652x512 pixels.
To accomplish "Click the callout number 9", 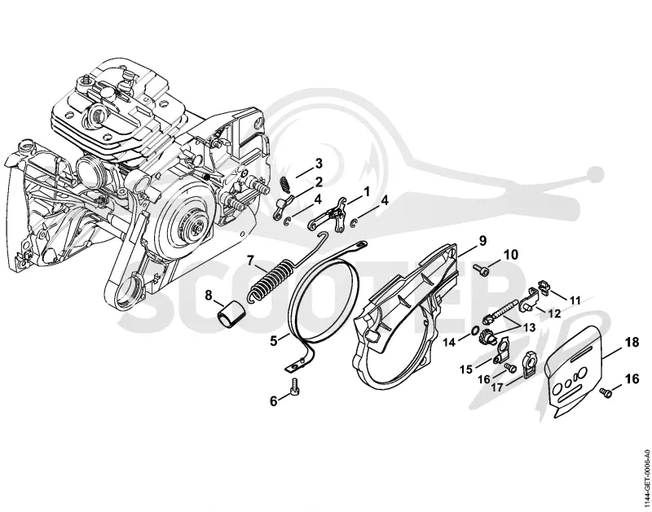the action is [x=482, y=241].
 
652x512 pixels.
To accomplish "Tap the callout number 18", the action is [x=631, y=343].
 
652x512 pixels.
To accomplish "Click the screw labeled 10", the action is [x=480, y=269].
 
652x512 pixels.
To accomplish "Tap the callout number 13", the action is [x=529, y=328].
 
